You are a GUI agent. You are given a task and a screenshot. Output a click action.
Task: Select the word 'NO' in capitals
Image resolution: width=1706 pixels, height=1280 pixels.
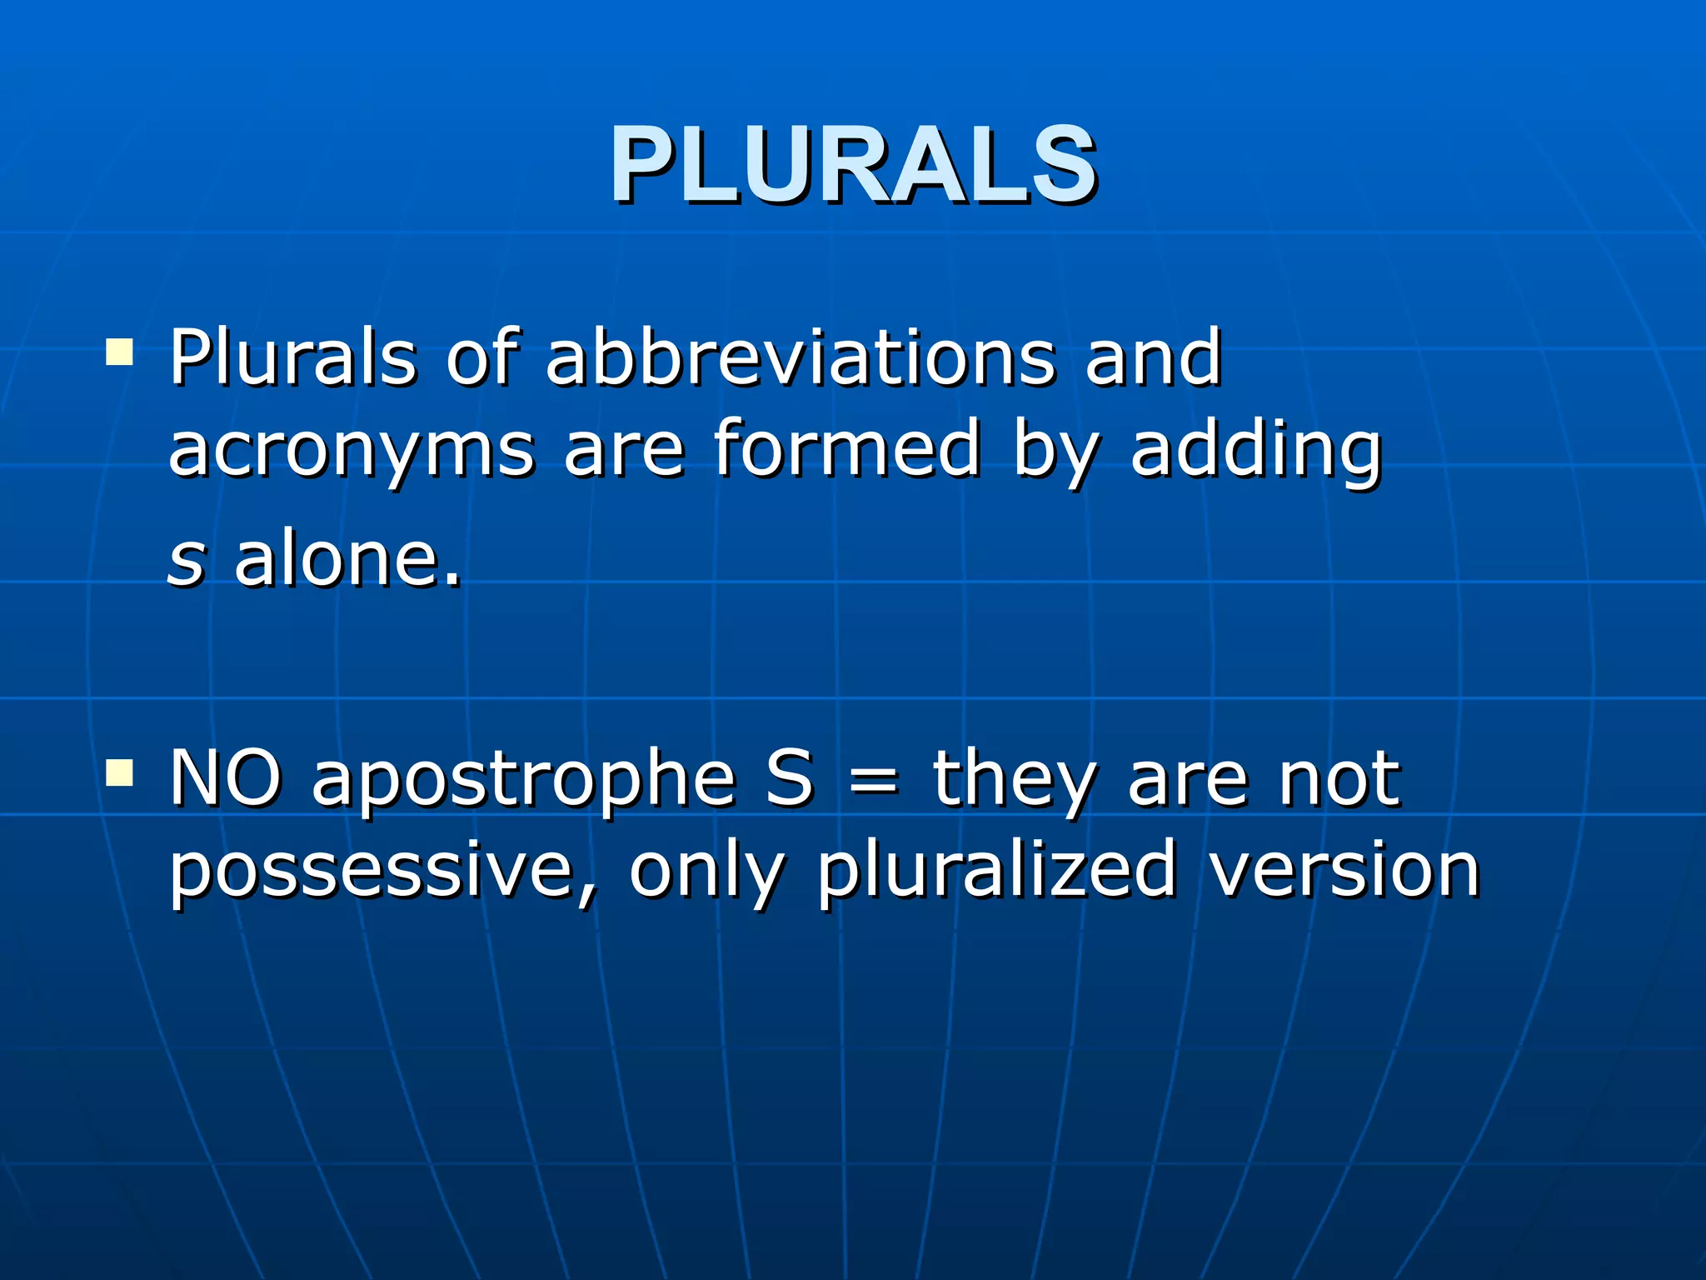tap(225, 778)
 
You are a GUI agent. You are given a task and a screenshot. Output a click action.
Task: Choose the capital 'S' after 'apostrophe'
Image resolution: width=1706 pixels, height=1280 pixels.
tap(789, 778)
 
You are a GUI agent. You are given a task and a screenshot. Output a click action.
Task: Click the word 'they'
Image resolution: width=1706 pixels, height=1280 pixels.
tap(1013, 782)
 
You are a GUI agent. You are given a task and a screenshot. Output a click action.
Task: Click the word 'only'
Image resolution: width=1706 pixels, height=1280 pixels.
tap(706, 873)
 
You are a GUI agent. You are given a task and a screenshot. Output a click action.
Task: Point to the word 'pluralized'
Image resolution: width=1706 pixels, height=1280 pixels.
tap(996, 873)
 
